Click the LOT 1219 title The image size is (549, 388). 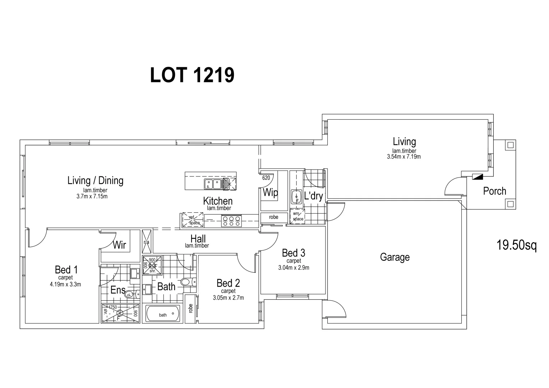coord(192,75)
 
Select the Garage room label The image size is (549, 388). coord(395,257)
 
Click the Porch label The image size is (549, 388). coord(494,191)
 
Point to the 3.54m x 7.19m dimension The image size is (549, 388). coord(404,157)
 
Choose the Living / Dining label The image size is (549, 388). coord(95,180)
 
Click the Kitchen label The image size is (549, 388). coord(218,201)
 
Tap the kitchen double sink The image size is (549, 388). coord(213,184)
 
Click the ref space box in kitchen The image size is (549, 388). coord(193,220)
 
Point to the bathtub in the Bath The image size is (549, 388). coord(163,314)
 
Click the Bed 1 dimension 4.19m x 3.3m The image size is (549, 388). coord(66,284)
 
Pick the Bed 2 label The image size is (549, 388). coord(228,283)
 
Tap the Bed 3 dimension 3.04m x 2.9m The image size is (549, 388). coord(294,267)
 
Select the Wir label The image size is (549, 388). coord(119,245)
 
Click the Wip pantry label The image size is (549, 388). coord(270,193)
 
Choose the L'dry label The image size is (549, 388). coord(313,196)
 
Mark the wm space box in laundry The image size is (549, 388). coord(297,217)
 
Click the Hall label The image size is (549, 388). coord(198,239)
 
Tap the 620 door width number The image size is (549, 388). coord(266,178)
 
